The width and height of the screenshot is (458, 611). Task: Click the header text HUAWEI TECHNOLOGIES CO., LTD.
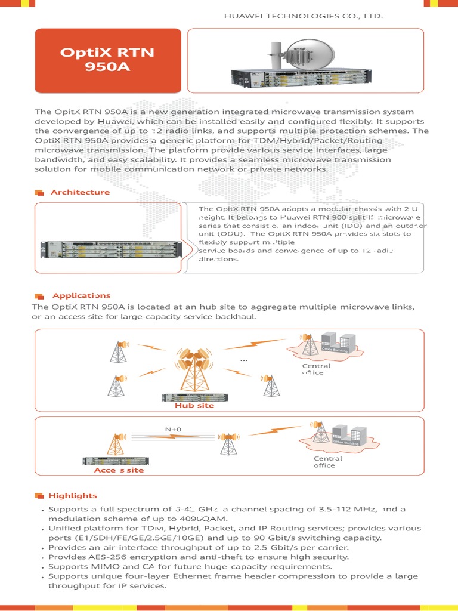[x=303, y=16]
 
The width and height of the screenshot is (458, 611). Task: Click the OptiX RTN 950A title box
[x=107, y=59]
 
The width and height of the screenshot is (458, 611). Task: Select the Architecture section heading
[x=80, y=192]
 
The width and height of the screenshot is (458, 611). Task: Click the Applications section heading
[x=81, y=296]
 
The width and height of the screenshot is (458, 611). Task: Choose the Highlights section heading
[x=72, y=496]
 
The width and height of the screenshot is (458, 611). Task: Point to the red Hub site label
[x=194, y=406]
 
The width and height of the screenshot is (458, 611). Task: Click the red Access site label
[x=119, y=470]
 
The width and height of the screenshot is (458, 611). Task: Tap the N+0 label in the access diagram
[x=173, y=429]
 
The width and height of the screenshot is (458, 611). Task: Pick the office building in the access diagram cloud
[x=348, y=436]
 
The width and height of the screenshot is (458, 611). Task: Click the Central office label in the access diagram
[x=328, y=462]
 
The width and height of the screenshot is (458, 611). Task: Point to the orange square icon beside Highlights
[x=39, y=496]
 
